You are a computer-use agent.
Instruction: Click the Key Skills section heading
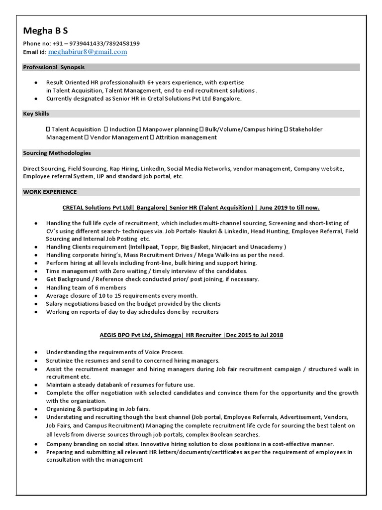[x=36, y=114]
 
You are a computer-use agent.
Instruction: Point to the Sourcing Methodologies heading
[x=57, y=153]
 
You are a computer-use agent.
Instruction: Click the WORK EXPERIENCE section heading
[x=50, y=192]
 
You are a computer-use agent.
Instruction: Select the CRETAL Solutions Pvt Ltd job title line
[x=191, y=207]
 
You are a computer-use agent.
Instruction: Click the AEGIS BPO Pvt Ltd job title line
[x=191, y=335]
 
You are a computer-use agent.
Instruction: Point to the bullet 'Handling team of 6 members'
[x=86, y=287]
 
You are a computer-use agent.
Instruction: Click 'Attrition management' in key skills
[x=187, y=137]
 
